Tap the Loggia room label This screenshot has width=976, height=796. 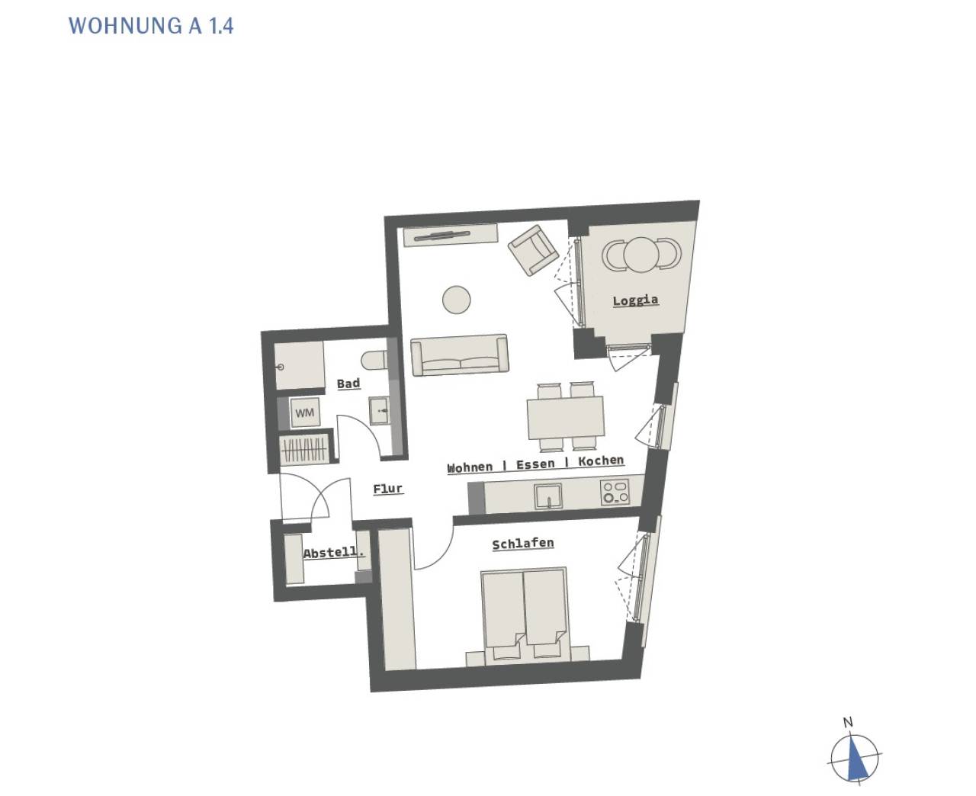tap(635, 300)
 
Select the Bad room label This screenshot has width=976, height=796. tap(348, 384)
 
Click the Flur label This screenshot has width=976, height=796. tap(388, 489)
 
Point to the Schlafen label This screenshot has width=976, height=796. tap(523, 544)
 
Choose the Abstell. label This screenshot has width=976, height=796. tap(333, 552)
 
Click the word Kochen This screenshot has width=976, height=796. tap(601, 461)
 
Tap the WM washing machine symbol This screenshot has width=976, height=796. tap(304, 412)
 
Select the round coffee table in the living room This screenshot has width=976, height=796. tap(456, 300)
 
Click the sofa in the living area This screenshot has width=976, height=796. tap(460, 355)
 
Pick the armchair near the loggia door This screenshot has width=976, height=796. tap(533, 250)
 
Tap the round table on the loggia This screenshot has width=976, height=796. tap(641, 255)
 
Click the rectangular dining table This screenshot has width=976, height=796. tap(565, 417)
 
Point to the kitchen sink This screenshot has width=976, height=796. tap(548, 496)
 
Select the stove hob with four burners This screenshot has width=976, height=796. tap(615, 492)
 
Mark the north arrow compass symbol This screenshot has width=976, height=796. tap(854, 758)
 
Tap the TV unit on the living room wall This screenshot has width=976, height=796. tap(451, 235)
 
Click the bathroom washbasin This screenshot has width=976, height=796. tap(379, 410)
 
